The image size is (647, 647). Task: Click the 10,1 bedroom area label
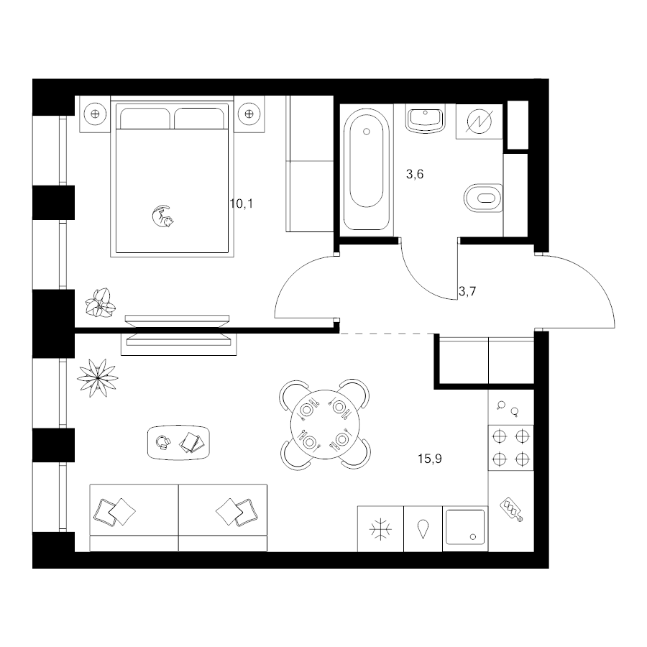tap(242, 203)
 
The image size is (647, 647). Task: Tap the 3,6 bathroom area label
tap(415, 175)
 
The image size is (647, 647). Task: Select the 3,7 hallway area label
tap(467, 292)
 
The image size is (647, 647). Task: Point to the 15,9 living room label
tap(430, 459)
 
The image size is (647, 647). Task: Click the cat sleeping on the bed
tap(162, 216)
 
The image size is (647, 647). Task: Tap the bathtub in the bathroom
tap(366, 169)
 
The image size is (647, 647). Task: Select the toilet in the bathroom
tap(483, 198)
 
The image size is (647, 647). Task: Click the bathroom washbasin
tap(425, 119)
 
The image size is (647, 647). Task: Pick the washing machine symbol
tap(479, 121)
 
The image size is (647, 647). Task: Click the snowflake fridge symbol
tap(380, 529)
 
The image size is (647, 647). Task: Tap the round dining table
tap(325, 424)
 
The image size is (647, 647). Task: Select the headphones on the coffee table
tap(163, 442)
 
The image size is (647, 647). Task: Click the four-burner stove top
tap(511, 448)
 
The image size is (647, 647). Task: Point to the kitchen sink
tap(465, 528)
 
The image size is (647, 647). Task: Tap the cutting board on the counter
tap(512, 510)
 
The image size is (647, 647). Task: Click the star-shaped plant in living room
tap(98, 377)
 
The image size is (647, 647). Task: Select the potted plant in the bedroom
tap(100, 303)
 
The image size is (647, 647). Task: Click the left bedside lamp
tap(95, 114)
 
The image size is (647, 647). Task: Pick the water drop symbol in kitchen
tap(423, 529)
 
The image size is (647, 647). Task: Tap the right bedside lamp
tap(249, 114)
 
